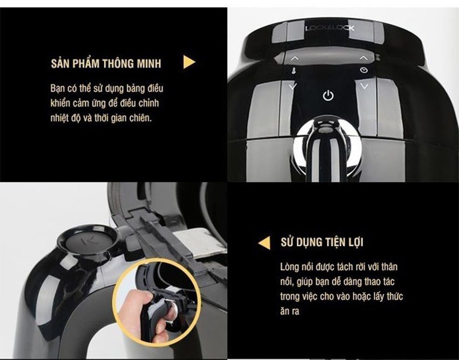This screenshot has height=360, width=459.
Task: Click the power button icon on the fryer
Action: tap(328, 96)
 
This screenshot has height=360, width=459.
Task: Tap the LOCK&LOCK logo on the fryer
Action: tap(330, 28)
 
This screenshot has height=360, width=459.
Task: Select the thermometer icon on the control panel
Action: tap(294, 71)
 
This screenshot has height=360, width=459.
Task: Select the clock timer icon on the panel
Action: tap(364, 70)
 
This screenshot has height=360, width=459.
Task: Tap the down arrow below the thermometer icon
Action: tap(293, 86)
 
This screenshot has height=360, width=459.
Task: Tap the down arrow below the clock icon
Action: tap(364, 86)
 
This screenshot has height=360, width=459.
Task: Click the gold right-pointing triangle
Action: tap(189, 62)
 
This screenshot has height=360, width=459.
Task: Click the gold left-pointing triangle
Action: tap(265, 243)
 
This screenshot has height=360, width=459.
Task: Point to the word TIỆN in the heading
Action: tap(333, 242)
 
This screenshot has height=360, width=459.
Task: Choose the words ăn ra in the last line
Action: tap(289, 311)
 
